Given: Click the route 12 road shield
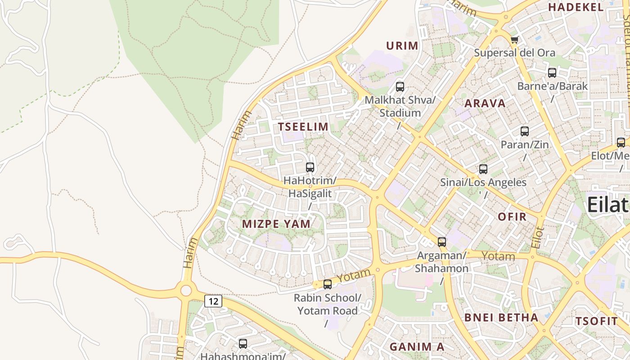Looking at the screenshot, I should pyautogui.click(x=213, y=301).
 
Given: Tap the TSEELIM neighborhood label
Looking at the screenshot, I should pyautogui.click(x=303, y=127).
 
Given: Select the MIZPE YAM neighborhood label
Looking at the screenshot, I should pyautogui.click(x=276, y=224).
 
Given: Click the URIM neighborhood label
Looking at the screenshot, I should pyautogui.click(x=402, y=45).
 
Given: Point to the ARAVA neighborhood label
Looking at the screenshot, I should pyautogui.click(x=485, y=103).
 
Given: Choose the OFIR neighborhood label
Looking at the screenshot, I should pyautogui.click(x=512, y=216).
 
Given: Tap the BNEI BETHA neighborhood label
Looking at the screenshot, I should pyautogui.click(x=501, y=317).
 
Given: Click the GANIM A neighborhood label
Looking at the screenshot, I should pyautogui.click(x=417, y=346).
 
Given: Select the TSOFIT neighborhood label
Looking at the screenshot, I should pyautogui.click(x=597, y=321).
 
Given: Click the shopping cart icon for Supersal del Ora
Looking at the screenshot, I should pyautogui.click(x=514, y=40).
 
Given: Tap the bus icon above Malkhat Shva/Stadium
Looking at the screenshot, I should pyautogui.click(x=400, y=87).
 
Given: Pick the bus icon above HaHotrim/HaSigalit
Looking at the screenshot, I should pyautogui.click(x=310, y=167).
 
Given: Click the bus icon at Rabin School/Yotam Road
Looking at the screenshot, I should pyautogui.click(x=328, y=284).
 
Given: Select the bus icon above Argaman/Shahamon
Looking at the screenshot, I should pyautogui.click(x=442, y=242).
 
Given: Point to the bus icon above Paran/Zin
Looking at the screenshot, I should pyautogui.click(x=525, y=131).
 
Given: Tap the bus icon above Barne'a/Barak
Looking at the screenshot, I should pyautogui.click(x=552, y=72).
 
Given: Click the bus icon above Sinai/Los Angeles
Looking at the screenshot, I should pyautogui.click(x=483, y=169).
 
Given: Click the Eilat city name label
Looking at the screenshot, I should pyautogui.click(x=608, y=205).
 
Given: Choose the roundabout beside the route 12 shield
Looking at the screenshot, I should pyautogui.click(x=186, y=290).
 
